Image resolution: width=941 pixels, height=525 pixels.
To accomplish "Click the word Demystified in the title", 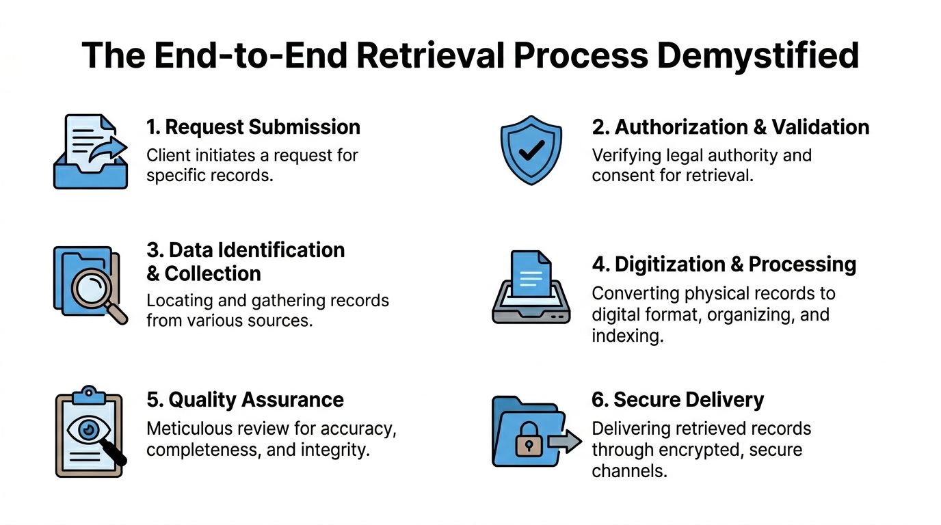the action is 758,56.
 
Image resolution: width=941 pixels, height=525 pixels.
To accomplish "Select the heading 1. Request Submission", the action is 253,127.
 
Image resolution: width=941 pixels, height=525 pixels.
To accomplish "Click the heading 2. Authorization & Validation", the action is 730,127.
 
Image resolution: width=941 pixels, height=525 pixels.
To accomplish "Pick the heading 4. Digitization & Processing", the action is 724,265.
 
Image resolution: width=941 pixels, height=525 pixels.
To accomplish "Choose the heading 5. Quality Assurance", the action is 245,399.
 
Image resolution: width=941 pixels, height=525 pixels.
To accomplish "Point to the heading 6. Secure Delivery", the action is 678,399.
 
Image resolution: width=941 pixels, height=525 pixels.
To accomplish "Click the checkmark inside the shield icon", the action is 532,150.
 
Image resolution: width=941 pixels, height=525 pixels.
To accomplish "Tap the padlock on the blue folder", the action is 529,440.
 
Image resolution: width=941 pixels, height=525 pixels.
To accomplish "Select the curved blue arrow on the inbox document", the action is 108,150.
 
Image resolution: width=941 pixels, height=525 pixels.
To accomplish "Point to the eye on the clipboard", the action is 89,429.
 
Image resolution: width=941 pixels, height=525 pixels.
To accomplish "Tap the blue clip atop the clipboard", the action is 89,395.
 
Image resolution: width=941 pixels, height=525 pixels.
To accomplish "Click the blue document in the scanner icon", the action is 531,273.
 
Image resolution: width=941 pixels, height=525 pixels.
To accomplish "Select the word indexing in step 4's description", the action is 628,336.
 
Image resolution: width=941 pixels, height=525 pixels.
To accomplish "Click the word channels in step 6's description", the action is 629,471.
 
